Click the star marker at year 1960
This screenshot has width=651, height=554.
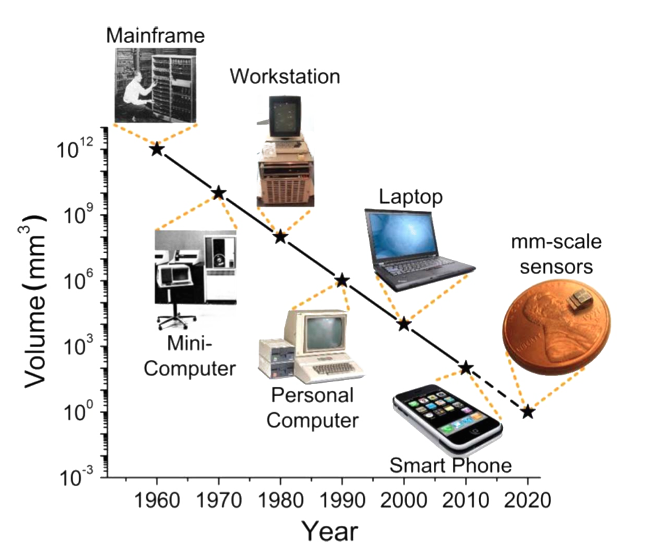157,149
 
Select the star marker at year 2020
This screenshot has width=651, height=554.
527,412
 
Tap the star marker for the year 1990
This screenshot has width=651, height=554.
342,281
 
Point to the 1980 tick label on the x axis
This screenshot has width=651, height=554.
281,500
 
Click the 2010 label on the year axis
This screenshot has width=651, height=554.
466,500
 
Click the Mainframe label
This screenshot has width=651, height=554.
155,36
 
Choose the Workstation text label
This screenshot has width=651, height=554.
286,77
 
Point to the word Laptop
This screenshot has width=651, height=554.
410,197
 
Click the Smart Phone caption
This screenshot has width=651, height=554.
451,465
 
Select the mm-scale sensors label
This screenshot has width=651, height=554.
556,254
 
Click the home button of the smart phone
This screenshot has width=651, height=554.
474,431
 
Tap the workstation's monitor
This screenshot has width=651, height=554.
285,116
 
